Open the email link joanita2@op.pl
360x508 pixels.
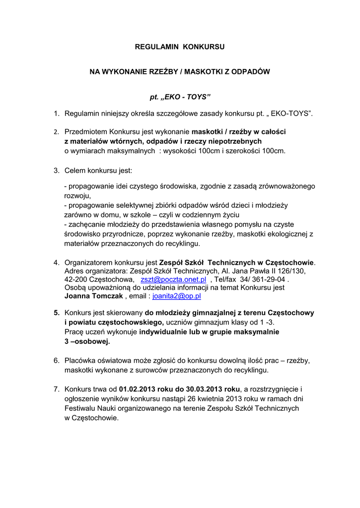click(x=176, y=296)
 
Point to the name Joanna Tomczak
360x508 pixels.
click(x=94, y=296)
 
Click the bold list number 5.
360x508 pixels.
click(x=57, y=313)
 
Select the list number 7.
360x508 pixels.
click(x=57, y=390)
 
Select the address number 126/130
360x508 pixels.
click(x=292, y=271)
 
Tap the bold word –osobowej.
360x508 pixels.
click(x=90, y=342)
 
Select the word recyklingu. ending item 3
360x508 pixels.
click(x=182, y=244)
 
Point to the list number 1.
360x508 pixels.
click(x=57, y=114)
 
